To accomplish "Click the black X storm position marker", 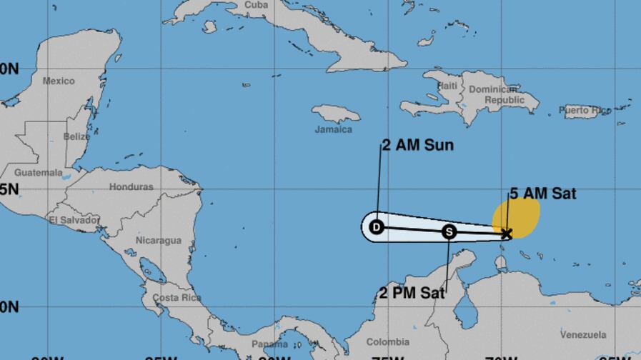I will click(507, 234).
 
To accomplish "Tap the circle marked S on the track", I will click(449, 231).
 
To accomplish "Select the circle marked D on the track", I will click(377, 228).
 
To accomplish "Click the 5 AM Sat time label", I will click(542, 194).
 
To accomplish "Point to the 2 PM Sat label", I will click(412, 292).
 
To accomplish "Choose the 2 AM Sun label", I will click(418, 146).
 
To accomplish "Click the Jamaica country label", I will click(333, 129).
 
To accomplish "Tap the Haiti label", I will click(447, 86).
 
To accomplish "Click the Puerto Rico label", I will click(585, 110).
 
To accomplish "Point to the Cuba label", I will click(256, 5).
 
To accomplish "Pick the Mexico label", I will click(59, 81).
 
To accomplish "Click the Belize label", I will click(76, 136).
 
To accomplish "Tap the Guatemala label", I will click(38, 173).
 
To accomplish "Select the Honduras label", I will click(131, 187).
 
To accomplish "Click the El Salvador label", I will click(74, 220).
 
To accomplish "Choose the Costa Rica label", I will click(175, 298).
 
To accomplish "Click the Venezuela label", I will click(583, 334).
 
